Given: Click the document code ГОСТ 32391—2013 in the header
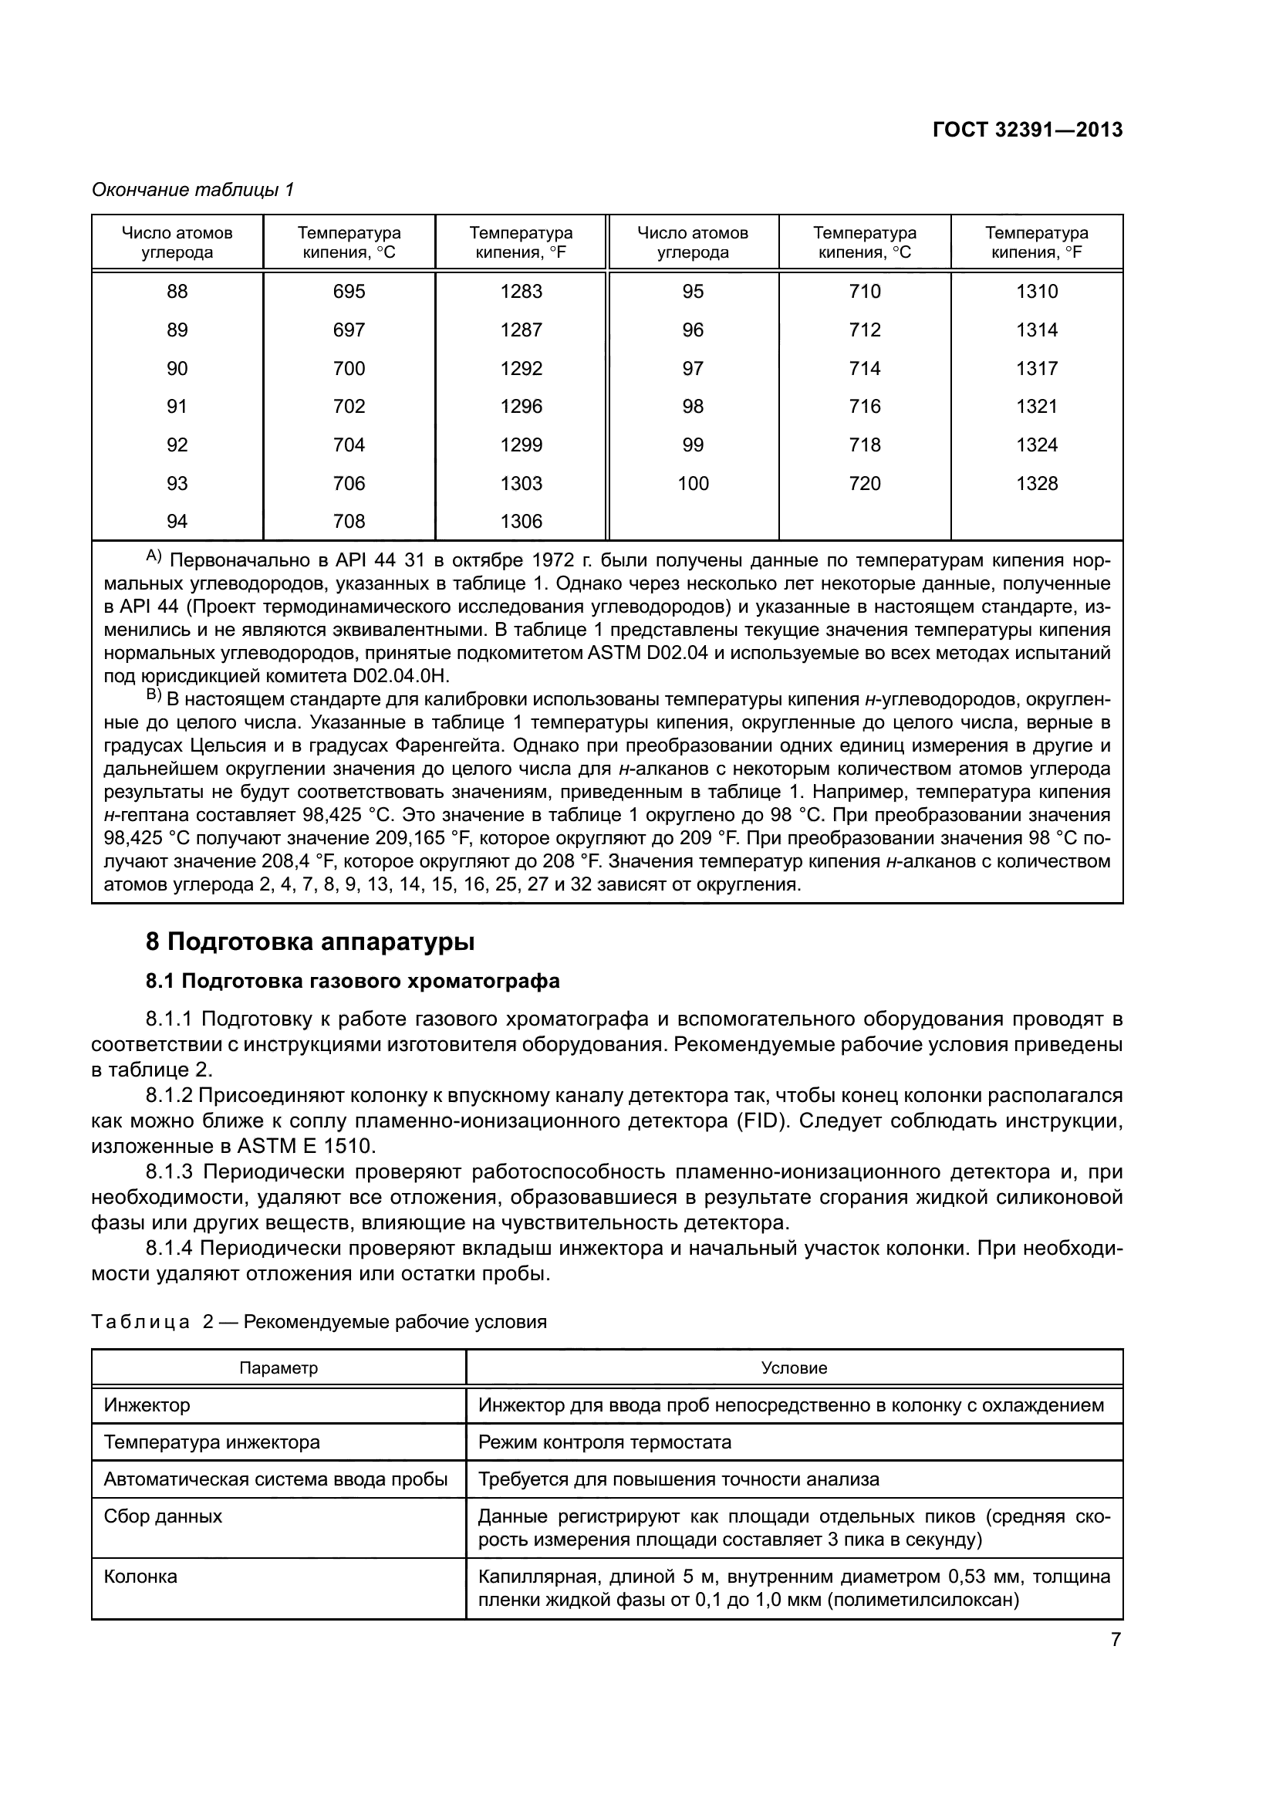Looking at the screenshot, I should point(1027,130).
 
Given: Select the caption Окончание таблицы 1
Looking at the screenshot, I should point(193,191).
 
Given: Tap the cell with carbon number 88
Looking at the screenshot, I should point(177,292).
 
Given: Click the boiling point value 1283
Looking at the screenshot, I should point(521,292).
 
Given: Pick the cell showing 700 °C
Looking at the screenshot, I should point(349,369).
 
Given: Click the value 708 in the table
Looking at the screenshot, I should point(349,521).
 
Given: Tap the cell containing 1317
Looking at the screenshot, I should point(1036,369).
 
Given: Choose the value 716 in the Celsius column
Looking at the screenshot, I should point(864,407).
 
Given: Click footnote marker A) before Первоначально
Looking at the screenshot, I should point(154,557).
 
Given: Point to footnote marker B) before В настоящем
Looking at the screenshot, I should point(154,696).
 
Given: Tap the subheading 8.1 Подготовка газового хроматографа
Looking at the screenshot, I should point(353,981).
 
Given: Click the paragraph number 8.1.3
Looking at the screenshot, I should point(169,1172).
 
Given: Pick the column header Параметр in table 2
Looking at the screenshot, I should point(278,1368).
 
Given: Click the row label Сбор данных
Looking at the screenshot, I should point(163,1516).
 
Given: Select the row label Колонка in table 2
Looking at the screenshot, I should point(140,1577).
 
